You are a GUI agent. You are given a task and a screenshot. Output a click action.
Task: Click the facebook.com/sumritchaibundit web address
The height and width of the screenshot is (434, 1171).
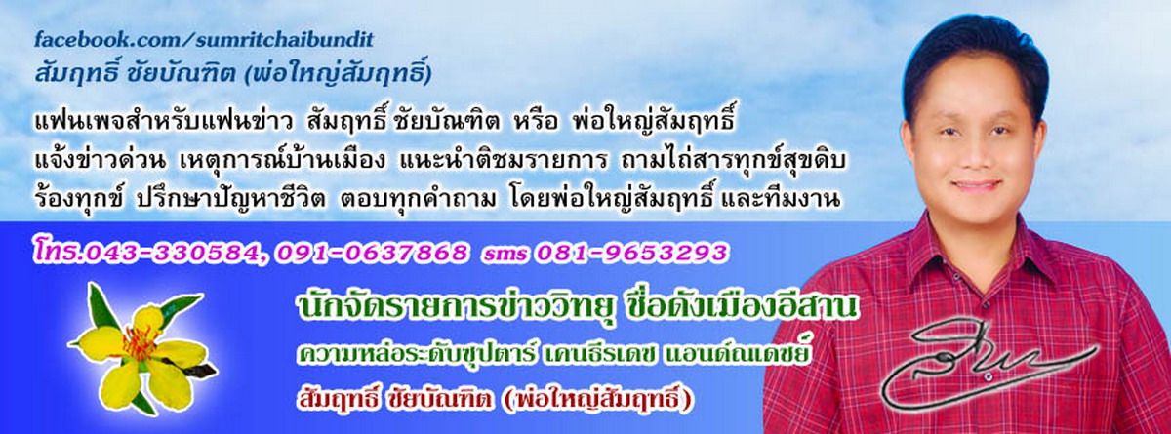[x=204, y=40]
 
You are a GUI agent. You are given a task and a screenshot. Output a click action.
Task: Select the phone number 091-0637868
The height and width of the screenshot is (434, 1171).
[x=372, y=254]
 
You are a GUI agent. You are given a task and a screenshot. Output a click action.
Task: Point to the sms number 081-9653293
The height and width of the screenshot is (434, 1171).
[x=630, y=254]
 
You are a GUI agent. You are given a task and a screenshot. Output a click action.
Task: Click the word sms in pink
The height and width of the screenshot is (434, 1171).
[x=505, y=255]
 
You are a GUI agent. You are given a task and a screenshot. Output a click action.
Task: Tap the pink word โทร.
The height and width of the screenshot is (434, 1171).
[x=58, y=253]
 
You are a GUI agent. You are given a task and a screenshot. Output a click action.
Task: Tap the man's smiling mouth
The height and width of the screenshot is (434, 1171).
[x=976, y=186]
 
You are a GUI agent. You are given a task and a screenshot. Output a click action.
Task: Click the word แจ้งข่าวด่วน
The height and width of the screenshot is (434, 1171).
[x=101, y=160]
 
